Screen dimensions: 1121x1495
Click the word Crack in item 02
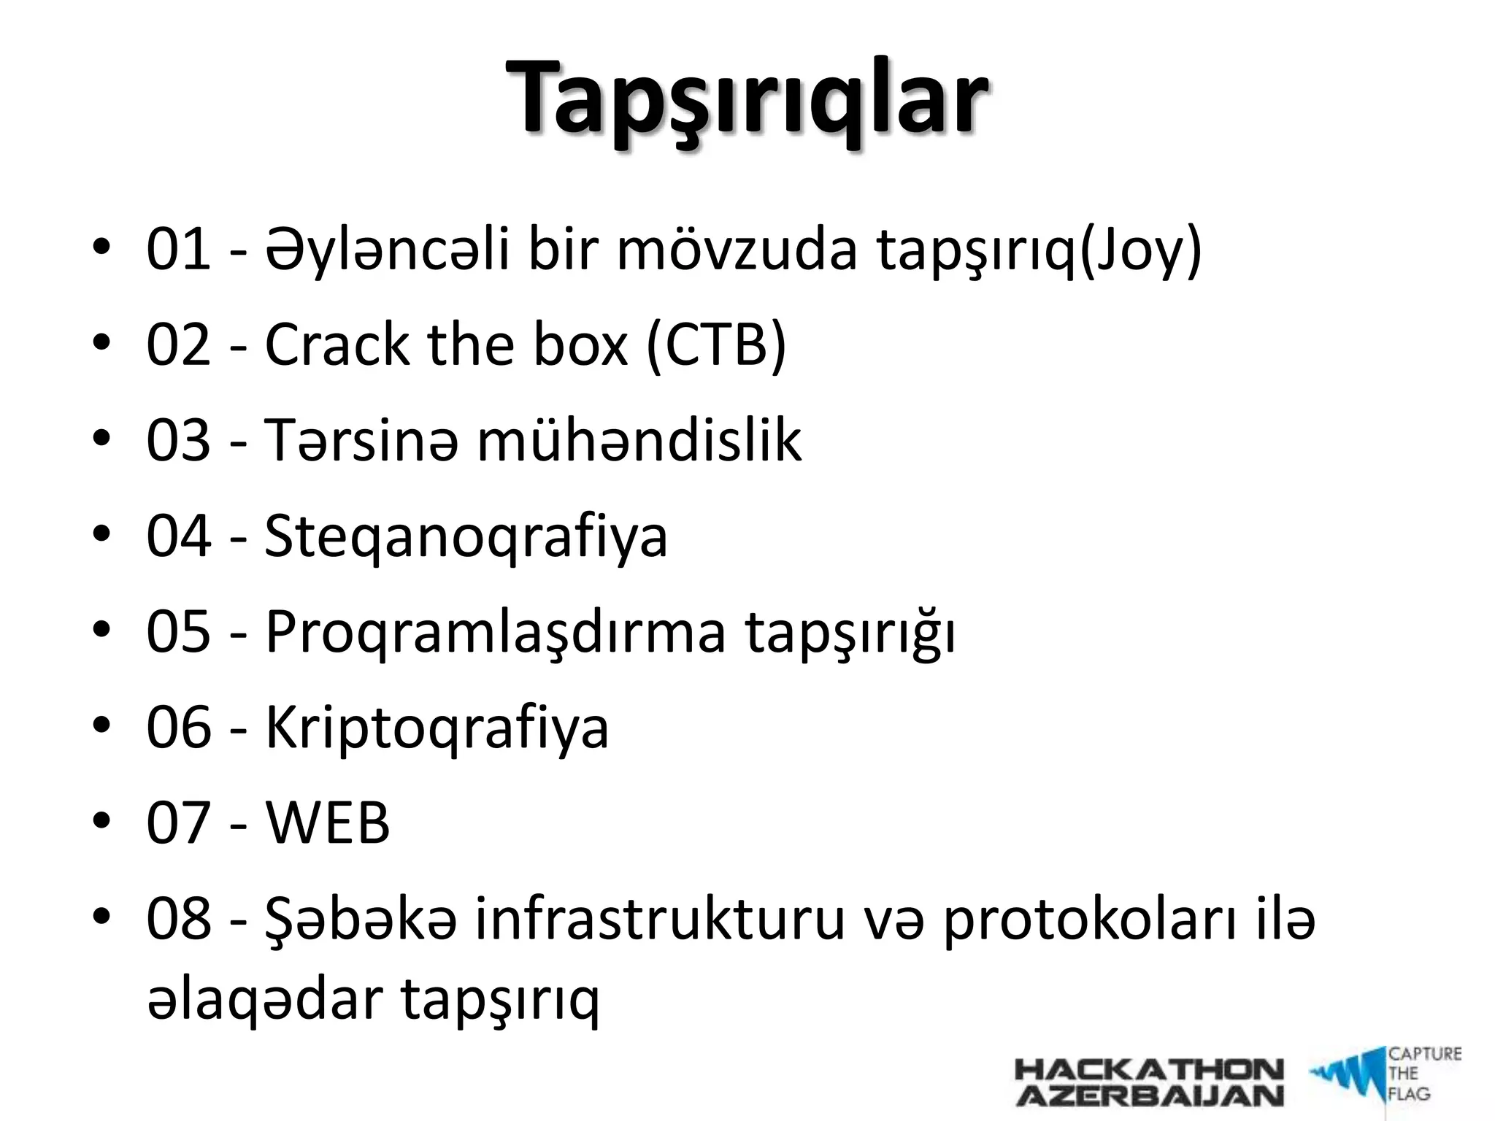tap(337, 345)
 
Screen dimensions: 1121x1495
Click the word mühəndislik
tap(639, 441)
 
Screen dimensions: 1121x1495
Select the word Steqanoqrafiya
tap(466, 537)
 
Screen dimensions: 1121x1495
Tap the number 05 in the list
tap(178, 632)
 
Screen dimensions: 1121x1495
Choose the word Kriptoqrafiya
tap(437, 728)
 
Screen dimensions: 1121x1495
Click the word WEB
tap(327, 823)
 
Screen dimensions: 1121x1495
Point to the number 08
tap(178, 919)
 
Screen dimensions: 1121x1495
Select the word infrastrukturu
tap(659, 919)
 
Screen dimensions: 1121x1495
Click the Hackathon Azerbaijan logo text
tap(1149, 1082)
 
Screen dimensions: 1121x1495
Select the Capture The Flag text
tap(1423, 1074)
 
